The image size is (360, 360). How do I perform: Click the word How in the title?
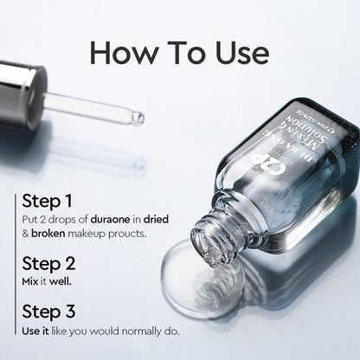pyautogui.click(x=121, y=52)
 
